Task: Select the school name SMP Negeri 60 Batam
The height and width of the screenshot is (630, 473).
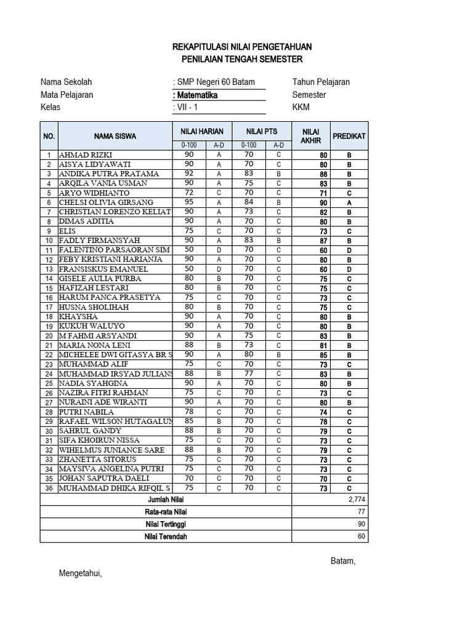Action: click(214, 82)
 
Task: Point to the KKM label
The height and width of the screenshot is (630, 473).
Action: click(301, 108)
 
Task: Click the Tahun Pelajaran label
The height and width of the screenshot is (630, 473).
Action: click(321, 82)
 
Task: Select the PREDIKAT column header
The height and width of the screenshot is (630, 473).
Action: click(349, 135)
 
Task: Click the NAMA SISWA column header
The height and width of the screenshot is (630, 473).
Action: click(115, 136)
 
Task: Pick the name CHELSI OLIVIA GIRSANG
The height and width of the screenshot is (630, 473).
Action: click(106, 202)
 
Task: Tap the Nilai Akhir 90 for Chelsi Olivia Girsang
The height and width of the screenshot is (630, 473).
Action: click(323, 202)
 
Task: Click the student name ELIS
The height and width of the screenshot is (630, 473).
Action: click(67, 231)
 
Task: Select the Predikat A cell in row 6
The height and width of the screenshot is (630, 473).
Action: click(349, 202)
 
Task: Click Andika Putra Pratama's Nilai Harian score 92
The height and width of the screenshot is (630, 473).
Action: click(188, 173)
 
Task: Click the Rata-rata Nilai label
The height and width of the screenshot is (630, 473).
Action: click(166, 511)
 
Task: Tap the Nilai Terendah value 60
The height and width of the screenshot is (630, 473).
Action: click(361, 536)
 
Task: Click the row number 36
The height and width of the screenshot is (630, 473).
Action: click(49, 488)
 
